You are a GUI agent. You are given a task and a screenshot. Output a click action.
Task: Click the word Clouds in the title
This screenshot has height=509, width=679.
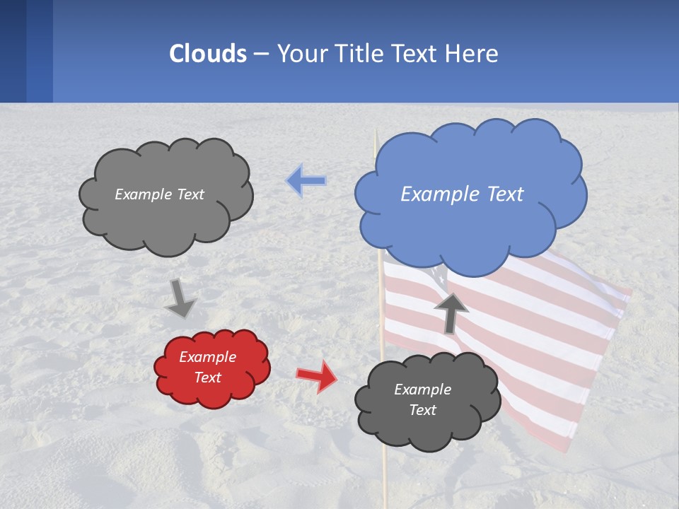208,54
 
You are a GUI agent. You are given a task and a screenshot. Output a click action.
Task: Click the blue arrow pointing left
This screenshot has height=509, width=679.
306,181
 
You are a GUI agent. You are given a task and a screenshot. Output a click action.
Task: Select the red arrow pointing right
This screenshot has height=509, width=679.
318,376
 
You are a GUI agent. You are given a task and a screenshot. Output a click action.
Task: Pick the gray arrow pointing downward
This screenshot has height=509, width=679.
180,298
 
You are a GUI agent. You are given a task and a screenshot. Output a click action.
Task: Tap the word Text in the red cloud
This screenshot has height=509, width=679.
208,378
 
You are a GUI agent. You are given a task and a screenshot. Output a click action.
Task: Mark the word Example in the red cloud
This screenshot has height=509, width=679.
208,357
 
